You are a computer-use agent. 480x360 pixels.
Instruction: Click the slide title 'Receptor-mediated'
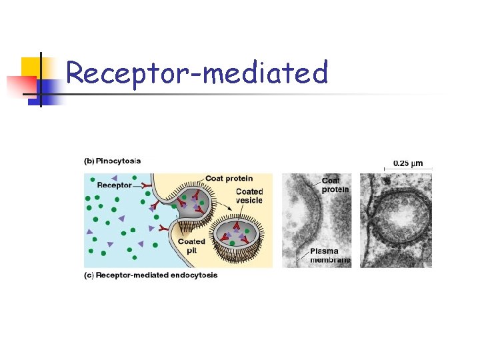click(197, 73)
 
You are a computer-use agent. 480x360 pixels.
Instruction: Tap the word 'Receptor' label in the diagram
click(114, 185)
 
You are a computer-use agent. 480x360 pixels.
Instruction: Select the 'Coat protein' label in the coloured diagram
click(229, 178)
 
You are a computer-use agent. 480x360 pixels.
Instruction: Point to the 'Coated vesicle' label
click(249, 196)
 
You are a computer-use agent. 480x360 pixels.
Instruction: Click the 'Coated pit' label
click(191, 246)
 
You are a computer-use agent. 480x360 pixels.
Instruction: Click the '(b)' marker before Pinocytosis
click(89, 161)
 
